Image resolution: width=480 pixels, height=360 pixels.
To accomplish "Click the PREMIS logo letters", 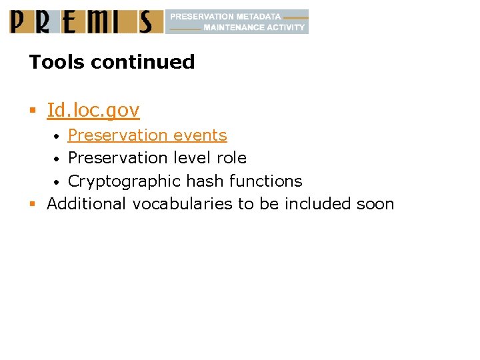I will click(x=86, y=21).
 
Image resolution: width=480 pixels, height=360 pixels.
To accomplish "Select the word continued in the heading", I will click(x=143, y=62).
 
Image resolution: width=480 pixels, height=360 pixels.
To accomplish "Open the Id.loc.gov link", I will click(x=93, y=110).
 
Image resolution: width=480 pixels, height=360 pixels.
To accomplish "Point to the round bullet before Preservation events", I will click(x=59, y=136).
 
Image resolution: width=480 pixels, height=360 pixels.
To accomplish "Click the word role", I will click(x=231, y=158).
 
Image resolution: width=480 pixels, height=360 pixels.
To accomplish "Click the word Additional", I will click(x=87, y=203).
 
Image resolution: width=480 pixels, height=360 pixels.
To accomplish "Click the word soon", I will click(x=375, y=203).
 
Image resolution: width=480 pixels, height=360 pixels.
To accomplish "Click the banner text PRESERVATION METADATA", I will click(x=225, y=16).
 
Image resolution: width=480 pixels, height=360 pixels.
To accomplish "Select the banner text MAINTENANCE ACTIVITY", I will click(x=254, y=27).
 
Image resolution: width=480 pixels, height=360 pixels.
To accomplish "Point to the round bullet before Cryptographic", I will click(x=59, y=182).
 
